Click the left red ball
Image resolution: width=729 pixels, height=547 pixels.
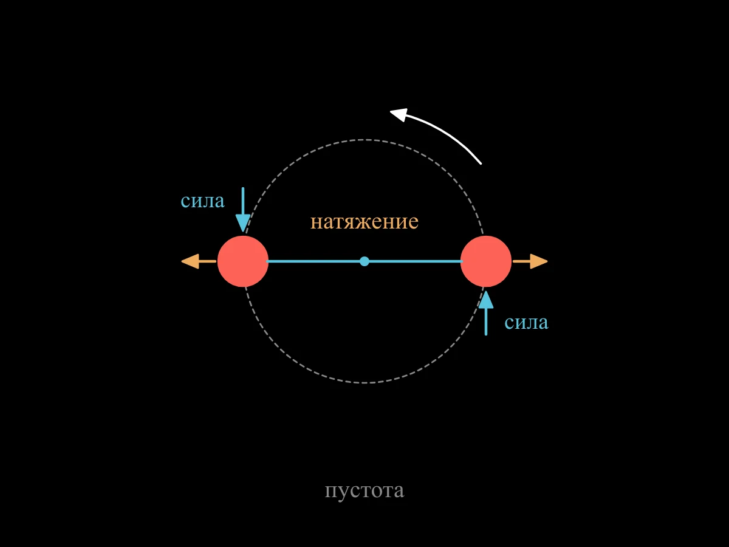[x=243, y=261]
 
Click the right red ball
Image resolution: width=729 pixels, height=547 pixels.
[x=486, y=261]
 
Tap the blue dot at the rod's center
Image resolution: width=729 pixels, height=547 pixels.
[x=364, y=261]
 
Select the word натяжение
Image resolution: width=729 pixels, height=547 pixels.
[x=364, y=222]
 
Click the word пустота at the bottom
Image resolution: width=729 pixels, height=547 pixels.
[x=364, y=491]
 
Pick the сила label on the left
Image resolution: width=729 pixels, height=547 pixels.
[x=202, y=201]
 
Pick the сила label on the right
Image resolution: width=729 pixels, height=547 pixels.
[x=527, y=322]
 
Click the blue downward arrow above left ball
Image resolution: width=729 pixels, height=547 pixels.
[x=243, y=210]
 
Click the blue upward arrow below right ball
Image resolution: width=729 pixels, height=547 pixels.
[x=486, y=313]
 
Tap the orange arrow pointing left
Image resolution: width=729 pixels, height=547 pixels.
[x=199, y=261]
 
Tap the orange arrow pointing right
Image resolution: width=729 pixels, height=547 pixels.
[x=530, y=261]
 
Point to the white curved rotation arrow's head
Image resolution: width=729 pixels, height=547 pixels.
[x=399, y=114]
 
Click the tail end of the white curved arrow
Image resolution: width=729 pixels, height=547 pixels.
[x=481, y=163]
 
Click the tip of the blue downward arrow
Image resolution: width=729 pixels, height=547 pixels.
[x=243, y=232]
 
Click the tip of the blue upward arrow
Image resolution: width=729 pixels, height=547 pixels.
[x=486, y=291]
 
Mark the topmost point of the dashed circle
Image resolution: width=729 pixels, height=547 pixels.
[x=364, y=140]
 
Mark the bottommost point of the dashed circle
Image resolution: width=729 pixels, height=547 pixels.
[x=364, y=383]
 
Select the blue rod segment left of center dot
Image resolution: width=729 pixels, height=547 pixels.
[x=313, y=261]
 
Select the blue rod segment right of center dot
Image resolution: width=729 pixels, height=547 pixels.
[x=416, y=261]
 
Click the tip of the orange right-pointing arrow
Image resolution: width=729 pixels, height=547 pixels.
[x=548, y=261]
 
